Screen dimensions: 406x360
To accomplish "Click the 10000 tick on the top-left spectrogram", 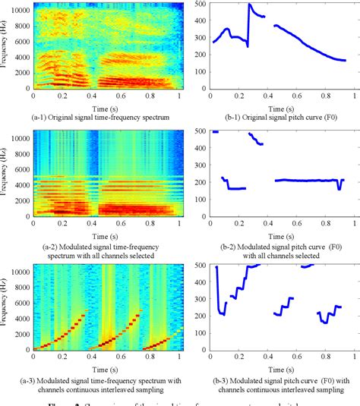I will [19, 11].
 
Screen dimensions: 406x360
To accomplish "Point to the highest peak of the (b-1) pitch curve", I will [249, 5].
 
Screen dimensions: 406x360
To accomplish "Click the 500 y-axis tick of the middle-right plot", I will [200, 132].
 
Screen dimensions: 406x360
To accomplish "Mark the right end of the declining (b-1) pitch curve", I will [344, 60].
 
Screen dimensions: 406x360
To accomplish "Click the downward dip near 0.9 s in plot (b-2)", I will [339, 187].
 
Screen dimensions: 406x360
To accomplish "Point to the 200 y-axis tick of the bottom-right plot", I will [200, 316].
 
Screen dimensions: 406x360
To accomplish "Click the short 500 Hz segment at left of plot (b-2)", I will [216, 132].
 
